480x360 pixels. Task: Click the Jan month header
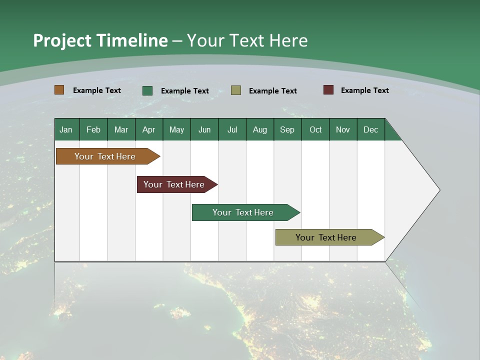(x=66, y=129)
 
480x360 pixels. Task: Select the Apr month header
(x=148, y=129)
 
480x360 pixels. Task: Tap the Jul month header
(x=232, y=129)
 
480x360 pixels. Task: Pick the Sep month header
(x=287, y=129)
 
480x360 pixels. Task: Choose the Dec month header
(x=370, y=129)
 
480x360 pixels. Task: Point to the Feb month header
(x=93, y=129)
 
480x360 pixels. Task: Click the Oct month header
(x=315, y=129)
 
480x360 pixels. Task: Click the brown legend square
(x=59, y=90)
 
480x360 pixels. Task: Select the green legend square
(x=147, y=90)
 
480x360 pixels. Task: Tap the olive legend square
(x=236, y=90)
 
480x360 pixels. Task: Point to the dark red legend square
(x=328, y=90)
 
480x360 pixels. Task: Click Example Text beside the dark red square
(x=364, y=90)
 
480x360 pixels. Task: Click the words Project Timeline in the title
(x=100, y=40)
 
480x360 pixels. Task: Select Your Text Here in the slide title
(x=247, y=40)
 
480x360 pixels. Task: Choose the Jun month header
(x=204, y=129)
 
